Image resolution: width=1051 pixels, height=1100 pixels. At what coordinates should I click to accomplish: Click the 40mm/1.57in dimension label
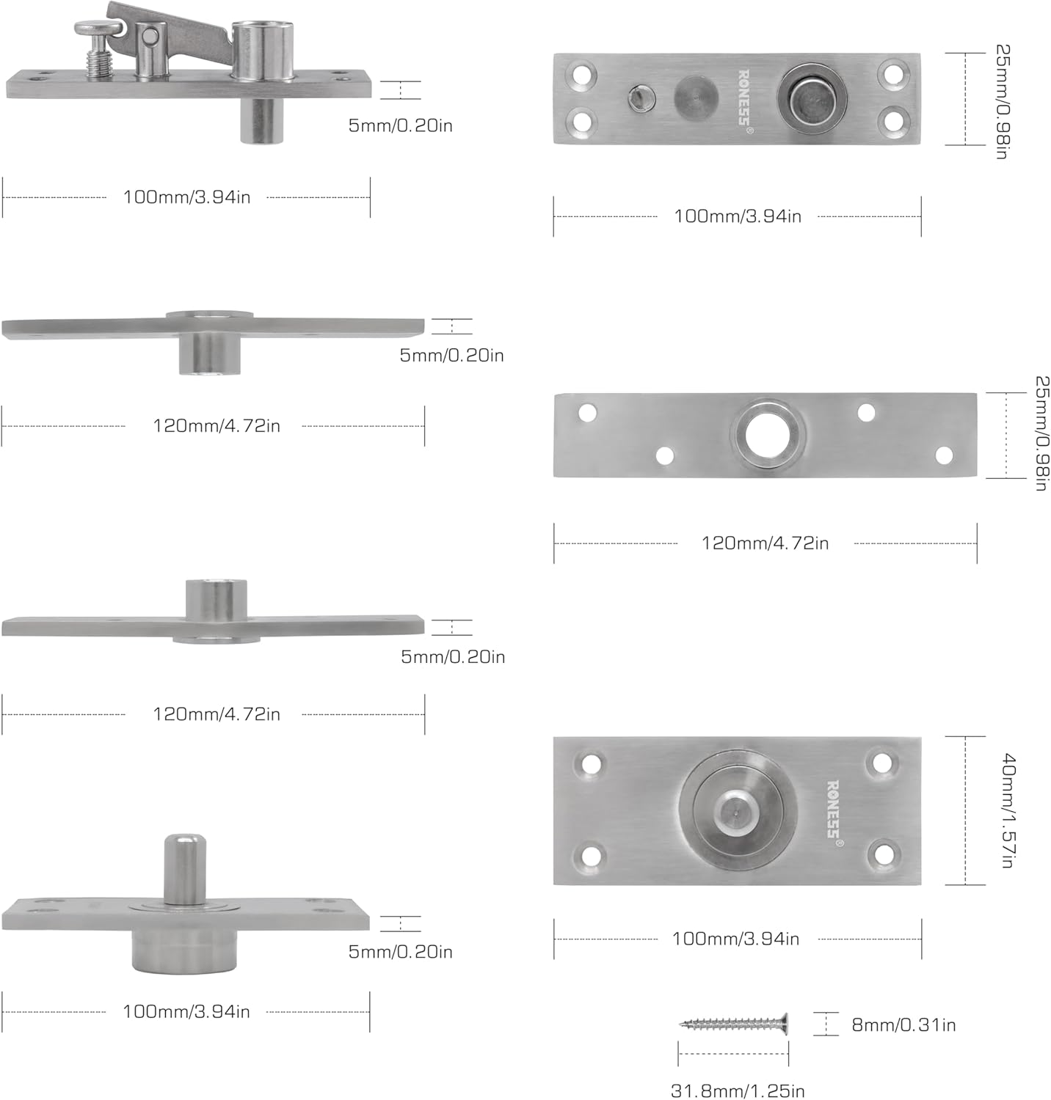click(1008, 810)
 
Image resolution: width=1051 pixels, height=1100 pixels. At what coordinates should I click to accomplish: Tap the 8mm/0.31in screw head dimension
click(903, 1024)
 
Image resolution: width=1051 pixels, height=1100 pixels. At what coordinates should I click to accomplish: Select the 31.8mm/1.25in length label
click(737, 1090)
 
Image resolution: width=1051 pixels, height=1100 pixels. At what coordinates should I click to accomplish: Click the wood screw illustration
click(734, 1023)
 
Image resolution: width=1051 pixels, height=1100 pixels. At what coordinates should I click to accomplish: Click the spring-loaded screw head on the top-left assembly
click(99, 29)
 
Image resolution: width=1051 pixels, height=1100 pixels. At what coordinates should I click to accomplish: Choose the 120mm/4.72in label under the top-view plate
click(765, 543)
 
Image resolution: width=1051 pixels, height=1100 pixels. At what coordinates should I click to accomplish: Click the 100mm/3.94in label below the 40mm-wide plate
click(735, 939)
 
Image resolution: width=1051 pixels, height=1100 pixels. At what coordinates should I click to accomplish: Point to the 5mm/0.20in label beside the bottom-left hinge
click(400, 952)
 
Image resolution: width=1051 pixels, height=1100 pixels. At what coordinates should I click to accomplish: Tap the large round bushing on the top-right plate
click(811, 98)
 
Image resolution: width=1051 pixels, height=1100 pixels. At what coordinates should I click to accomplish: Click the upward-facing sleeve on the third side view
click(216, 598)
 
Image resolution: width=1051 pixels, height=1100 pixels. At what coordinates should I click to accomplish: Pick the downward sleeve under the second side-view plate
click(210, 353)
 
